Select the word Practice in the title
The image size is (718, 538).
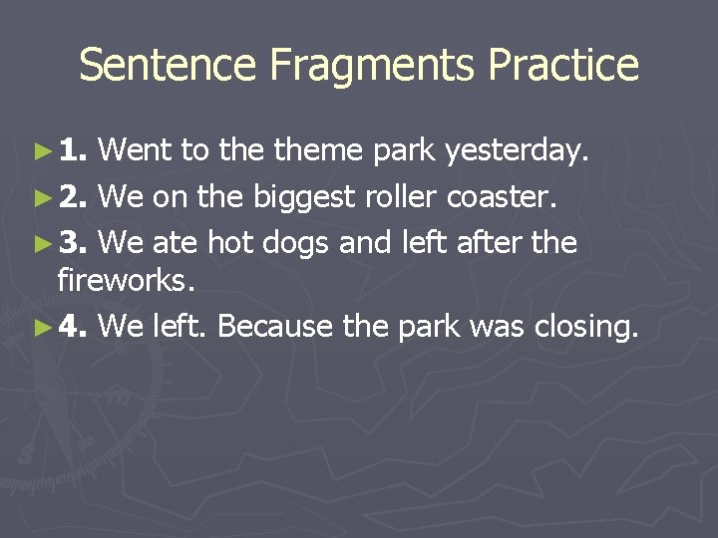point(563,66)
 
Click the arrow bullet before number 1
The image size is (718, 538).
point(41,151)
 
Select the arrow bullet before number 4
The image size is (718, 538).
point(41,327)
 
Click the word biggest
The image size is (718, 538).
point(303,198)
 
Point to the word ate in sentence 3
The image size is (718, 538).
point(177,243)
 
